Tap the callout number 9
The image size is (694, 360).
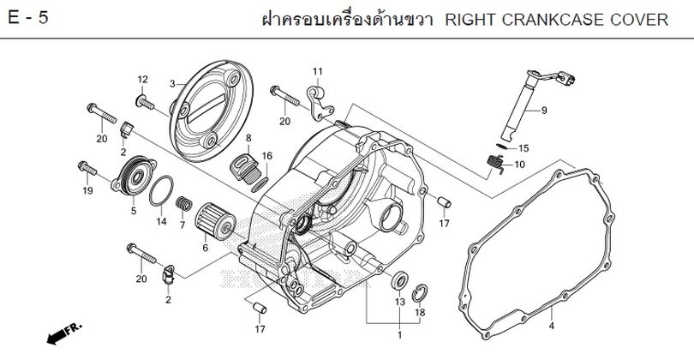click(544, 111)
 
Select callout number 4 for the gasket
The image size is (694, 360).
click(551, 326)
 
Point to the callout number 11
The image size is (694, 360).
click(316, 71)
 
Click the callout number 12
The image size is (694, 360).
click(142, 80)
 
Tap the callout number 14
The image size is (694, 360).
click(160, 222)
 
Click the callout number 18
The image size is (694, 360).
click(419, 312)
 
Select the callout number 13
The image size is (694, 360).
click(399, 303)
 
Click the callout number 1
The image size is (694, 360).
click(399, 333)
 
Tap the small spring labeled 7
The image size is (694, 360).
click(182, 205)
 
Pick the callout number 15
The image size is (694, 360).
click(523, 147)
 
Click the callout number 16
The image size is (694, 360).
click(266, 155)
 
